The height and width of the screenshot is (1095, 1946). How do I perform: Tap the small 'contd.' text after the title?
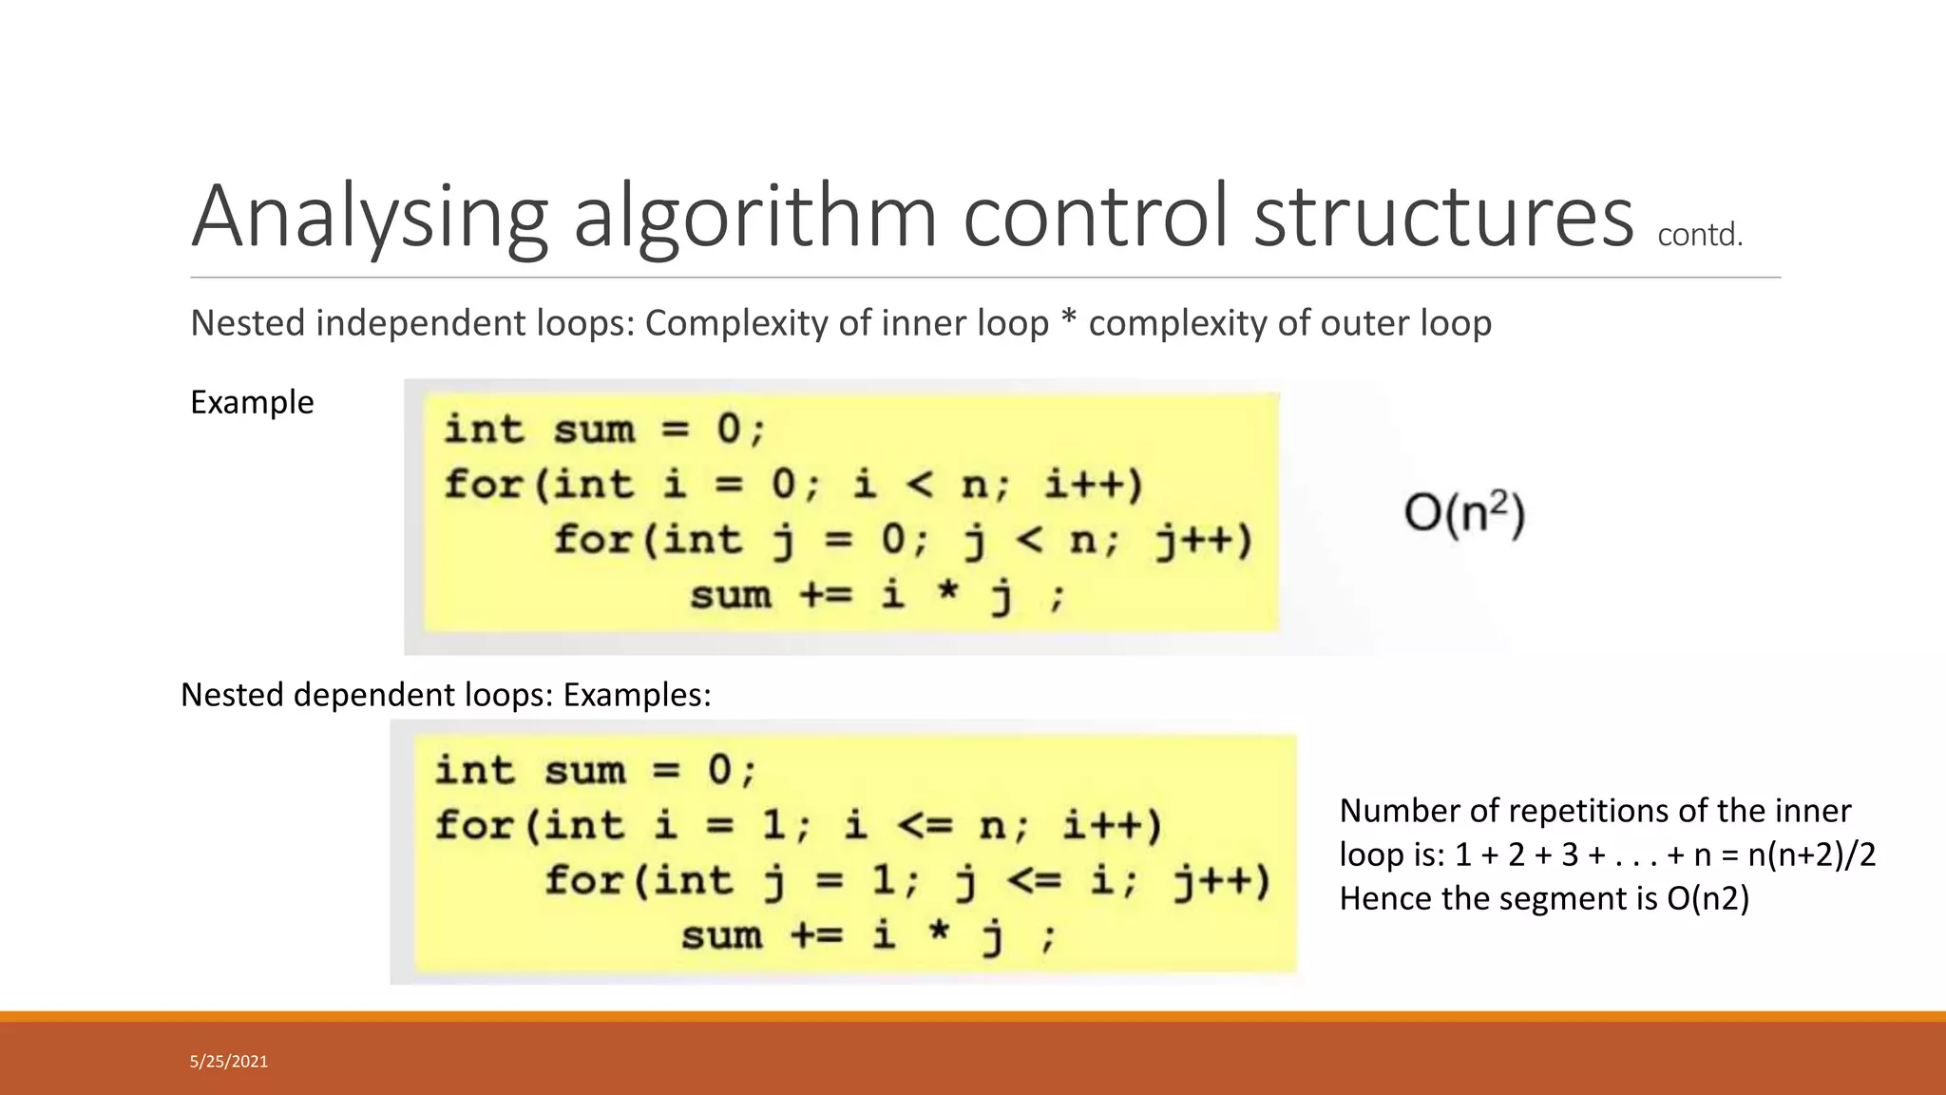pyautogui.click(x=1700, y=235)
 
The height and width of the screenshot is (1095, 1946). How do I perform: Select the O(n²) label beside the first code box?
pyautogui.click(x=1464, y=514)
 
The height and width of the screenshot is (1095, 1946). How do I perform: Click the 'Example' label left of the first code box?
pyautogui.click(x=252, y=402)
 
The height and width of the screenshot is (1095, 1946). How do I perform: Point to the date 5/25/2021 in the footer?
pyautogui.click(x=229, y=1062)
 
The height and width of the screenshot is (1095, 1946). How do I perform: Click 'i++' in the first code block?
pyautogui.click(x=1093, y=485)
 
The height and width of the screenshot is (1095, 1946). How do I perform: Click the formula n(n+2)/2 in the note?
pyautogui.click(x=1812, y=855)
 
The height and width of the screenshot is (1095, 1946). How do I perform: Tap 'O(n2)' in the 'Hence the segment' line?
pyautogui.click(x=1708, y=898)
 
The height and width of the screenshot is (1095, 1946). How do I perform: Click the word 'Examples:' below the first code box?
pyautogui.click(x=637, y=695)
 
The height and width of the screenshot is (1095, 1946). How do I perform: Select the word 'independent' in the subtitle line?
pyautogui.click(x=421, y=323)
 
